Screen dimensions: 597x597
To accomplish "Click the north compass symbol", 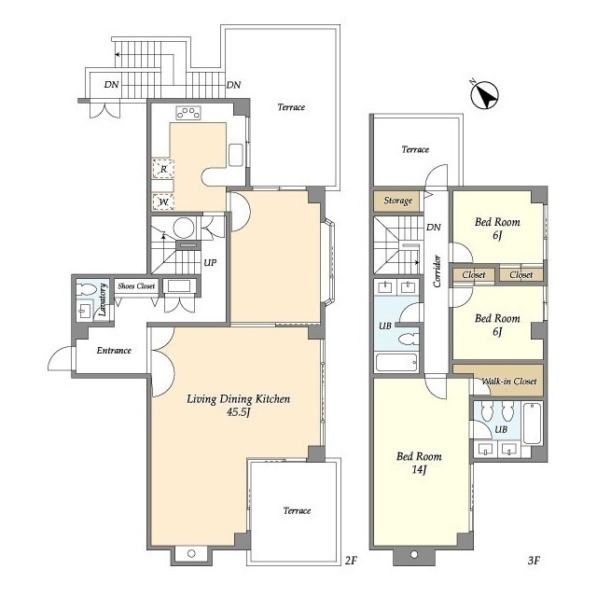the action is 484,95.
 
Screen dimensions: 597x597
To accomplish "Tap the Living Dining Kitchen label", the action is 239,398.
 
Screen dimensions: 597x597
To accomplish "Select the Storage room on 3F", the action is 398,201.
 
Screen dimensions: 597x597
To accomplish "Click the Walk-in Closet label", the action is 509,382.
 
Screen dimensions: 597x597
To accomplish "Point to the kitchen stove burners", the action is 188,113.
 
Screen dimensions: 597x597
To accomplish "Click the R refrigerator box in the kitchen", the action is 163,169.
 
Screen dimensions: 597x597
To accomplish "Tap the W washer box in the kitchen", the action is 163,201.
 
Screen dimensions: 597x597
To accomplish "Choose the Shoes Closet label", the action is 136,286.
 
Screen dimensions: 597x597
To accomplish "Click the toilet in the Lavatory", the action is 85,290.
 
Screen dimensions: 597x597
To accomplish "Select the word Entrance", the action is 114,351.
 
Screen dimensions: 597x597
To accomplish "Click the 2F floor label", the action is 351,560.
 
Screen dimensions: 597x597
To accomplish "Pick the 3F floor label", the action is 534,560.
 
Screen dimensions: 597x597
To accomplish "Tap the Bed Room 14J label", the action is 419,463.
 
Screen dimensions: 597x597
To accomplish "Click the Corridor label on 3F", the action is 437,271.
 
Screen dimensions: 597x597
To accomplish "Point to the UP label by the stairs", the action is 210,262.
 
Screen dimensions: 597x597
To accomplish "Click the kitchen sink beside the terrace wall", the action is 236,155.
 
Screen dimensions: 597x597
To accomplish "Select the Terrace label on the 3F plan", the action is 415,149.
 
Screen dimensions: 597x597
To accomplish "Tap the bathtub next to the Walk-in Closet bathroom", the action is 533,423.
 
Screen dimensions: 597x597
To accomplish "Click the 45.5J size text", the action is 239,412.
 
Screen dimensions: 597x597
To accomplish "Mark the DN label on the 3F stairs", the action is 434,228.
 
